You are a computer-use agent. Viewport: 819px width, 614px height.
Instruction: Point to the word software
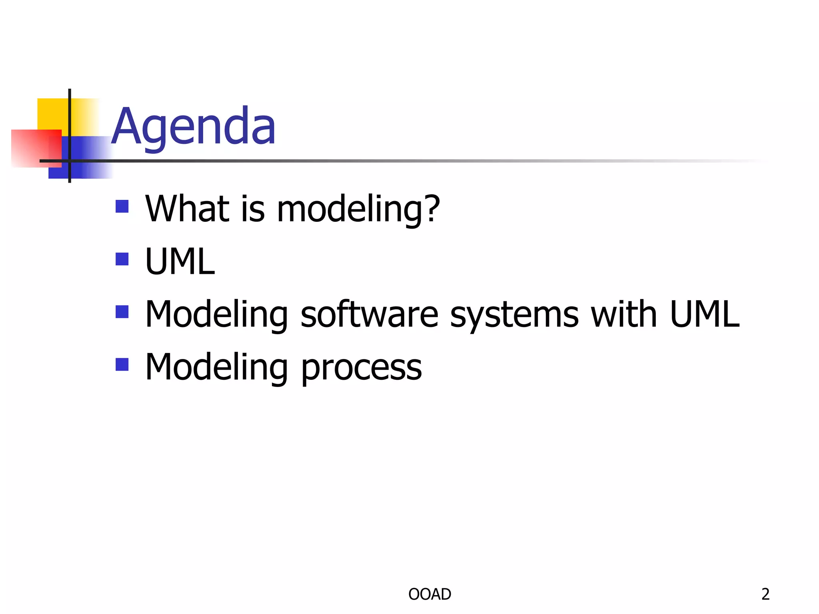click(x=369, y=315)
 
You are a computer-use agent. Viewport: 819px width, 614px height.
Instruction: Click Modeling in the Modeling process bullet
click(x=216, y=367)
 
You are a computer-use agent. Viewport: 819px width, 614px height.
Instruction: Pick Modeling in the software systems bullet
click(x=216, y=315)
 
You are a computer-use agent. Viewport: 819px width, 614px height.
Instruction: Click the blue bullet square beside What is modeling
click(x=122, y=207)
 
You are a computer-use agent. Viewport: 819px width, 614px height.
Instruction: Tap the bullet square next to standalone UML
click(x=122, y=259)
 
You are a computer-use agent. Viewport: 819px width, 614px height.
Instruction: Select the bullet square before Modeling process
click(x=122, y=365)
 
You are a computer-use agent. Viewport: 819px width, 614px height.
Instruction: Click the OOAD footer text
click(x=429, y=594)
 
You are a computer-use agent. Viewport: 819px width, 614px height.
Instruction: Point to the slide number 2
click(x=765, y=594)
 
